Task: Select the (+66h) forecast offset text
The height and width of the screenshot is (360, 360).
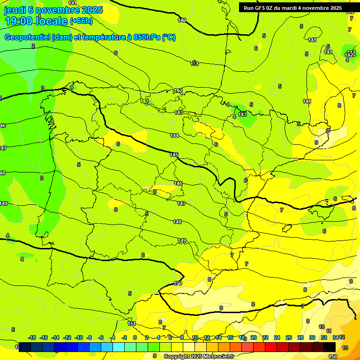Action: (x=81, y=21)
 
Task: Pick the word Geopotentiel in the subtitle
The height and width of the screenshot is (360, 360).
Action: (x=27, y=37)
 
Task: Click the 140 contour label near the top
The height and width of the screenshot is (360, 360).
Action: (x=182, y=20)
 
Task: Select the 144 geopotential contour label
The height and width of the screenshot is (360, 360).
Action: (x=174, y=135)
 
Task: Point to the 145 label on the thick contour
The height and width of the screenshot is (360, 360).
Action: (x=174, y=155)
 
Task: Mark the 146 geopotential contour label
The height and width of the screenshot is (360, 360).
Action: (x=178, y=183)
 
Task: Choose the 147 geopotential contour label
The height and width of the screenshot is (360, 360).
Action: (x=181, y=203)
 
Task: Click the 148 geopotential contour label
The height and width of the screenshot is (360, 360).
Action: (x=177, y=222)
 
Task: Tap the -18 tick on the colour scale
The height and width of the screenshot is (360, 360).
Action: (x=32, y=337)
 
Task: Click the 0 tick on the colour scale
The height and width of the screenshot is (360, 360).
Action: (x=135, y=337)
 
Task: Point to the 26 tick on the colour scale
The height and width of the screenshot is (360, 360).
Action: (x=288, y=337)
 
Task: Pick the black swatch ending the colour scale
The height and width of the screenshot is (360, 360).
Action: (x=329, y=347)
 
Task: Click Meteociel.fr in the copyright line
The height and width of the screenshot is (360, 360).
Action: (x=217, y=357)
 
